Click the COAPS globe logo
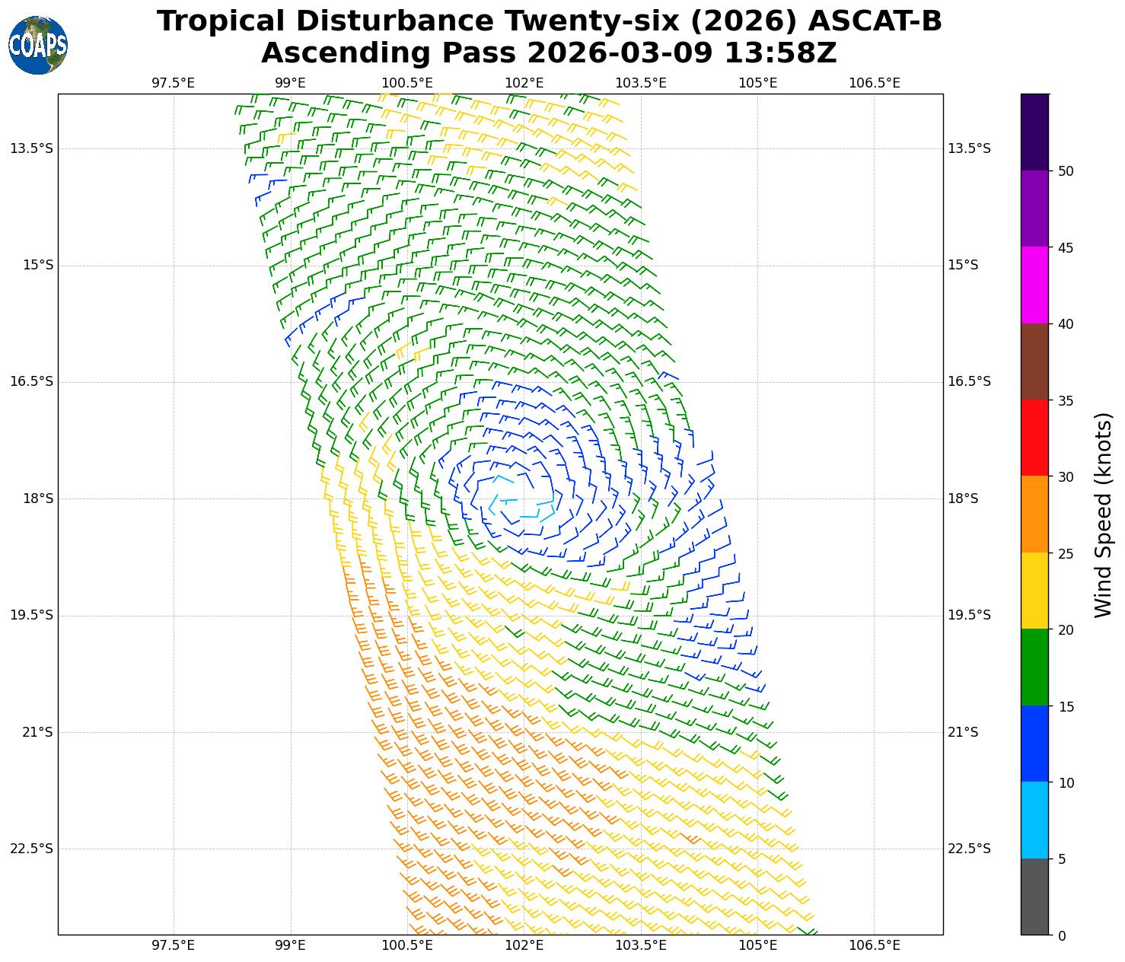pos(38,46)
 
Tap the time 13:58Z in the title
pos(780,53)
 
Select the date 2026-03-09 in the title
pos(620,53)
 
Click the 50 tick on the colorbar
pos(1066,171)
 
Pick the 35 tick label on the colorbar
pos(1066,400)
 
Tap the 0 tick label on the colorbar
pos(1062,935)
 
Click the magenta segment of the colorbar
pos(1034,285)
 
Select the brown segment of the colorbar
pos(1034,362)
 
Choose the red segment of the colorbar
pos(1034,438)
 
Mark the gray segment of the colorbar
pos(1034,897)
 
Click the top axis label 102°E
pos(524,83)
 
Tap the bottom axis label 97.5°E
pos(174,945)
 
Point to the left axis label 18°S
pos(38,499)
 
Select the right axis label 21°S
pos(963,732)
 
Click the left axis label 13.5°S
pos(32,148)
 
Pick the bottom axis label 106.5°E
pos(875,945)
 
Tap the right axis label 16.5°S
pos(969,381)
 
